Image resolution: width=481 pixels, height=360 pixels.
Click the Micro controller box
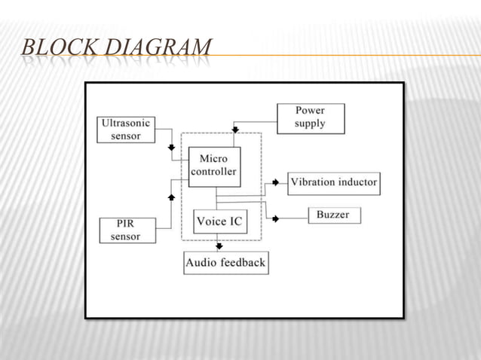coord(214,166)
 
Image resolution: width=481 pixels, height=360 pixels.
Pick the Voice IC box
coord(219,222)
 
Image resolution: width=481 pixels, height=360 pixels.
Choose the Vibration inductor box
coord(333,182)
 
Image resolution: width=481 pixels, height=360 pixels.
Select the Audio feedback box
coord(225,263)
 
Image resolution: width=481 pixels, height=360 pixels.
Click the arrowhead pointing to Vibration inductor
coord(275,182)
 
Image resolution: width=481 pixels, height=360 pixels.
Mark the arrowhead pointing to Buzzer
coord(275,218)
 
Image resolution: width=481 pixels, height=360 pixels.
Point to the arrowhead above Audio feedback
coord(219,246)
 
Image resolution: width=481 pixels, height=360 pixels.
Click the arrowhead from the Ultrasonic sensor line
coord(171,148)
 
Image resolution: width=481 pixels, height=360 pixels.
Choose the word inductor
coord(354,182)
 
